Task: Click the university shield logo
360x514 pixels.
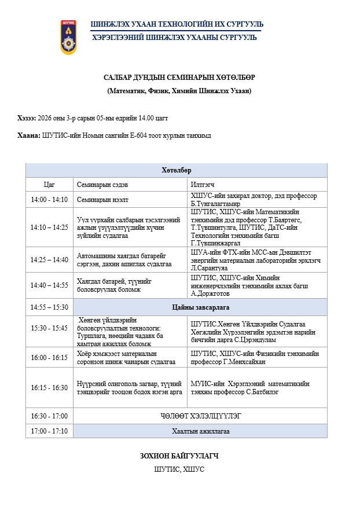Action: [68, 37]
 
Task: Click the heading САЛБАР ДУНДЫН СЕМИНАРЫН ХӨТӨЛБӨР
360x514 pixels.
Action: [179, 78]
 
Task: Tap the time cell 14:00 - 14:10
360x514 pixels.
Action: [49, 200]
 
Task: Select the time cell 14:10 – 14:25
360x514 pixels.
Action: [49, 227]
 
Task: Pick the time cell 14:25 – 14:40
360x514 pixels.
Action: [49, 260]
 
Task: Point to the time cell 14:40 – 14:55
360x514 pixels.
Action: [49, 285]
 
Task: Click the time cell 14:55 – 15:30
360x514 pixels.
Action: [49, 307]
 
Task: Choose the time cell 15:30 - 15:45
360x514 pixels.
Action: [49, 328]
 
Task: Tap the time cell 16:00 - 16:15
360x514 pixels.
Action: [49, 358]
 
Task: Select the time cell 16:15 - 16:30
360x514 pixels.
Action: [49, 387]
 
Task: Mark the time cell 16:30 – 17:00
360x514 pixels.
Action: [49, 416]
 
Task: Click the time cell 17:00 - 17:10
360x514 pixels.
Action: [49, 431]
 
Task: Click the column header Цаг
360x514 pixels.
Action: [49, 185]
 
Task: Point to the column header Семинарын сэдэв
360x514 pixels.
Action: [102, 185]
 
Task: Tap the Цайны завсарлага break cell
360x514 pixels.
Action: [200, 307]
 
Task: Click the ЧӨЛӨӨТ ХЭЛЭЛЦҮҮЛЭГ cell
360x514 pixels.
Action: [200, 416]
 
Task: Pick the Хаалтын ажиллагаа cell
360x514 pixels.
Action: [200, 431]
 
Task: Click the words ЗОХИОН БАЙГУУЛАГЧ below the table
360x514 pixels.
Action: [179, 456]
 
